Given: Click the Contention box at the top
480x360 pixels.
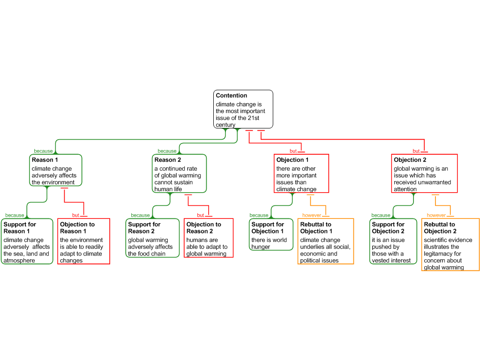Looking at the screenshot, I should tap(243, 109).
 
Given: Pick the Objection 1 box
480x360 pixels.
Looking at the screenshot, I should tap(301, 173).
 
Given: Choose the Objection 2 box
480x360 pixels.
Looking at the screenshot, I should tap(424, 173).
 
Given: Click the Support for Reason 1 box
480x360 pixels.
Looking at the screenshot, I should tap(27, 241).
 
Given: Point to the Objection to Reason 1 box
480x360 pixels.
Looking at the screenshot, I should tap(83, 241).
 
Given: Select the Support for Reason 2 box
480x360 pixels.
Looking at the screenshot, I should tap(152, 238).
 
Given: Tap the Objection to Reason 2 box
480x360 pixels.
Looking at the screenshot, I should tap(209, 238).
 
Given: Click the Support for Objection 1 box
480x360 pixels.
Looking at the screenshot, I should tap(270, 234).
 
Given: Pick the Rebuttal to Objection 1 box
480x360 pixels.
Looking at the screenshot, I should tap(325, 241).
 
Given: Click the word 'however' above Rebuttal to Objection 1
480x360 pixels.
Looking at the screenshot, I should tap(312, 215).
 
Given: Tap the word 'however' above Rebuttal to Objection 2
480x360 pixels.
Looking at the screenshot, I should tap(436, 215).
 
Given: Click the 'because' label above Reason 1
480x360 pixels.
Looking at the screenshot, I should tap(43, 151).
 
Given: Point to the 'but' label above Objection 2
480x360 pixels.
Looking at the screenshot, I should tap(416, 151).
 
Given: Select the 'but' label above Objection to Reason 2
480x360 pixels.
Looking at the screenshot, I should tap(200, 215).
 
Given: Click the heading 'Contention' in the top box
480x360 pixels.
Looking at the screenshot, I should tap(232, 96).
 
